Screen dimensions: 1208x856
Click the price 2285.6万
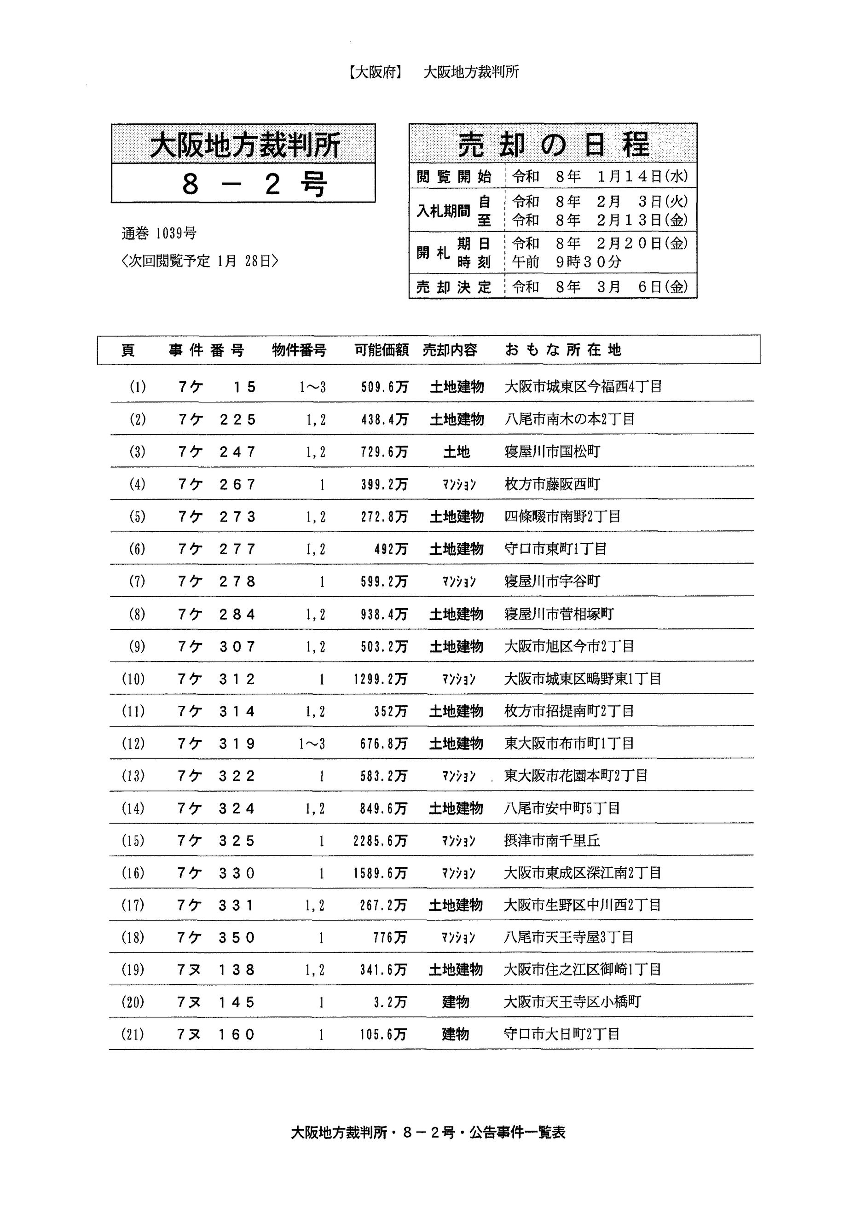[380, 841]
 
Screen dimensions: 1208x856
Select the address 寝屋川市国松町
[552, 452]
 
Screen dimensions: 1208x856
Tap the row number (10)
[133, 679]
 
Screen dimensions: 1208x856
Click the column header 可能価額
[382, 350]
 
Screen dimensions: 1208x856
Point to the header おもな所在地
[563, 350]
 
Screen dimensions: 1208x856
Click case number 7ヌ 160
[216, 1034]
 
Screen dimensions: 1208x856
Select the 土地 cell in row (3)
[457, 452]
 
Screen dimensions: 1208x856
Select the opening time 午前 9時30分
[567, 262]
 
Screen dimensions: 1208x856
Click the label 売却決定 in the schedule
[453, 287]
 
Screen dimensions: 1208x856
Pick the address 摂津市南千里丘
[551, 841]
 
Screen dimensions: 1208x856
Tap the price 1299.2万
[380, 679]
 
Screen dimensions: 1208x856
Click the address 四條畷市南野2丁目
[562, 517]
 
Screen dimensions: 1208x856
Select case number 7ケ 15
[217, 387]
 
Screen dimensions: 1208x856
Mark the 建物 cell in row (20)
[456, 1002]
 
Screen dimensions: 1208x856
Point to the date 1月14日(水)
[642, 176]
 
